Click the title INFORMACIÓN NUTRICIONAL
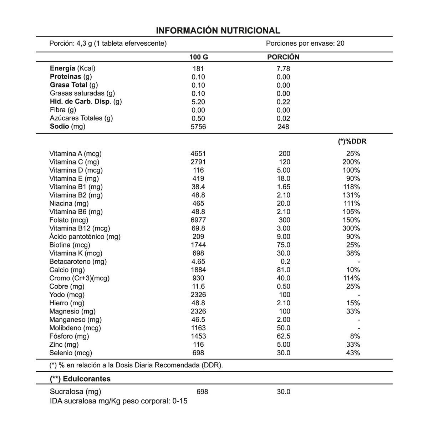coord(218,30)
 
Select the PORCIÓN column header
coord(283,57)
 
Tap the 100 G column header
coord(198,57)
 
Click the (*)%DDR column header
coord(352,142)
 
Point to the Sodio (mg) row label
coord(68,127)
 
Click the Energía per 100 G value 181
coord(198,68)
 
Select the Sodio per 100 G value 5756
coord(198,127)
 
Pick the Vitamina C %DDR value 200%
coord(351,162)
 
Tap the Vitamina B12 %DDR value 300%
coord(351,228)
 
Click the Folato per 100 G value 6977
coord(198,220)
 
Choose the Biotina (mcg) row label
coord(70,245)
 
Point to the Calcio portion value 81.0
coord(284,270)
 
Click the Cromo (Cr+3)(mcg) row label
coord(80,278)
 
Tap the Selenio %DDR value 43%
coord(353,353)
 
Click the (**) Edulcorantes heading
coord(80,379)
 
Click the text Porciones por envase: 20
coord(305,44)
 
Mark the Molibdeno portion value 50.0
coord(284,328)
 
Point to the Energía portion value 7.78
coord(284,68)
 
